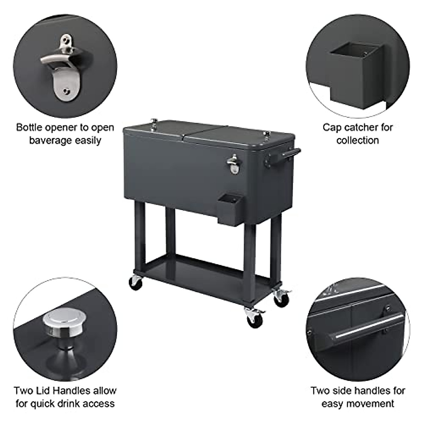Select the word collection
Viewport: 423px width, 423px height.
click(357, 140)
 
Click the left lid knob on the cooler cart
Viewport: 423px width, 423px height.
click(154, 123)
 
